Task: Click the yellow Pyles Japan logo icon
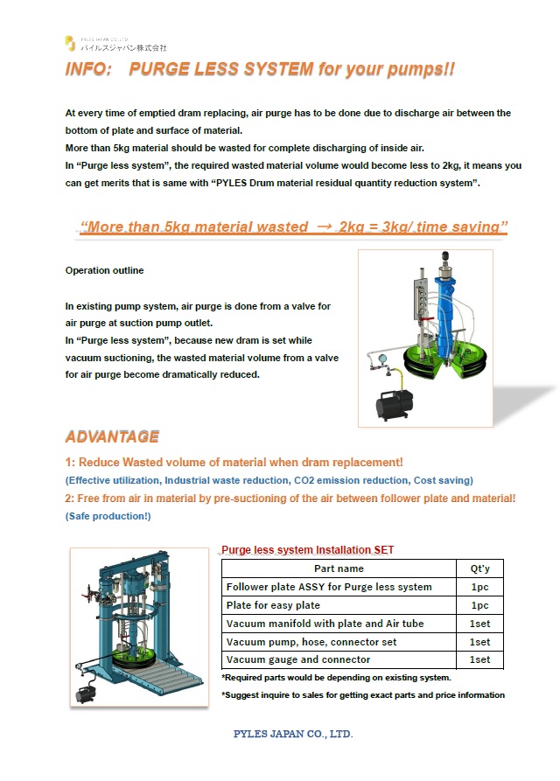[71, 44]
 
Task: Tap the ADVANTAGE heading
[112, 436]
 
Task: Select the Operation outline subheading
[104, 270]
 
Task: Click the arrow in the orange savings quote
[325, 227]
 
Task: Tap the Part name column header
[339, 568]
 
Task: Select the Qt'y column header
[480, 568]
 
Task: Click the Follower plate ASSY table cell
[328, 587]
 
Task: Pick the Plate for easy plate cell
[273, 605]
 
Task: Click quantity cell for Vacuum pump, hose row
[480, 642]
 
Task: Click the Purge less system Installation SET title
[307, 550]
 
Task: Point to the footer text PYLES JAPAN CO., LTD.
[293, 734]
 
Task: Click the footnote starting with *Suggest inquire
[363, 695]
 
